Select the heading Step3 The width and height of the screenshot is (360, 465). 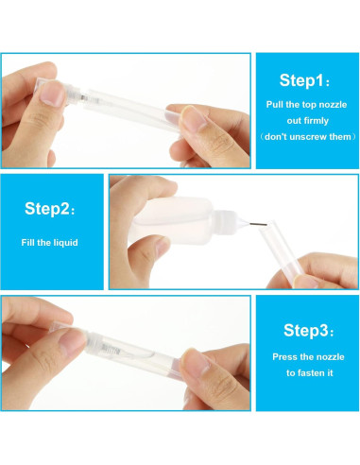(x=303, y=330)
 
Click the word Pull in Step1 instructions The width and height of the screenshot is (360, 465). (x=275, y=105)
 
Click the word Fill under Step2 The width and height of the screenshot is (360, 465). (x=30, y=242)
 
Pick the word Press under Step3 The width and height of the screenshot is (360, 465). (x=287, y=356)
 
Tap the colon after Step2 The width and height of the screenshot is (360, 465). (x=74, y=208)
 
